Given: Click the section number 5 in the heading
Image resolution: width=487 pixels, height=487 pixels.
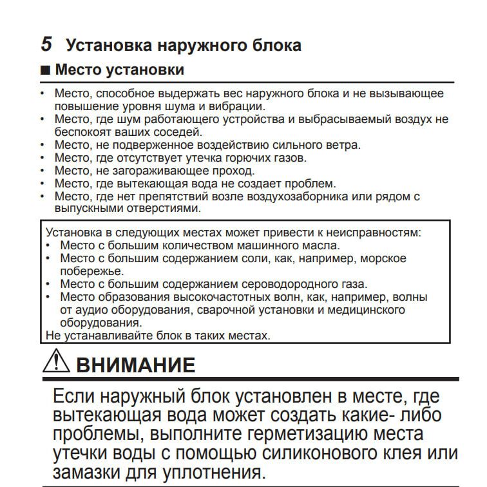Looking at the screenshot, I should click(x=46, y=44).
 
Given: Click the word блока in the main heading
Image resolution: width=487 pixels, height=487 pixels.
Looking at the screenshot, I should click(x=276, y=46).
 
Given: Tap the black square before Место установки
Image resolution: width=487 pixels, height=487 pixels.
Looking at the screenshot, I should click(x=46, y=70).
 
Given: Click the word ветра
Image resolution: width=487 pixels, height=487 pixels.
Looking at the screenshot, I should click(x=342, y=144).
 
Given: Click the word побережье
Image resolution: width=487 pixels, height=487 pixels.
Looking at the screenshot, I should click(x=87, y=271).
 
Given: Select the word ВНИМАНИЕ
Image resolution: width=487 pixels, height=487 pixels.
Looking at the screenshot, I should click(x=135, y=364).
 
